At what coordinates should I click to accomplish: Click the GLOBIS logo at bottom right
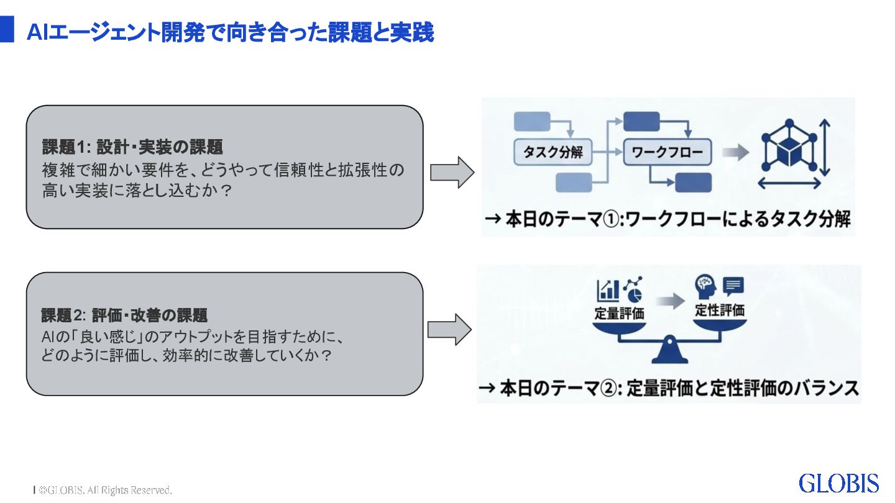point(838,483)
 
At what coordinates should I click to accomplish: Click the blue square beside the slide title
point(7,30)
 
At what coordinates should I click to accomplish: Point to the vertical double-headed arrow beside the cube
point(825,148)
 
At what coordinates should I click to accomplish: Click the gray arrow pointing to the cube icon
point(735,153)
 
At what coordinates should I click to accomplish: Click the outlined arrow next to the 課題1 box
point(452,172)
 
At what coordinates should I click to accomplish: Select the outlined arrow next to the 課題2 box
point(449,329)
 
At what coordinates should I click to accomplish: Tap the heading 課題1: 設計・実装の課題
point(132,148)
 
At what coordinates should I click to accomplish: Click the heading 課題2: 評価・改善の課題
point(124,315)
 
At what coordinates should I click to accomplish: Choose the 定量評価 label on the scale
point(619,314)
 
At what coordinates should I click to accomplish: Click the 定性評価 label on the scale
point(720,310)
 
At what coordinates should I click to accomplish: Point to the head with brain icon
point(706,286)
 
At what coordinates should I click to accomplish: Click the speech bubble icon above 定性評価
point(734,286)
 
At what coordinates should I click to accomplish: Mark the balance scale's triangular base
point(669,352)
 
